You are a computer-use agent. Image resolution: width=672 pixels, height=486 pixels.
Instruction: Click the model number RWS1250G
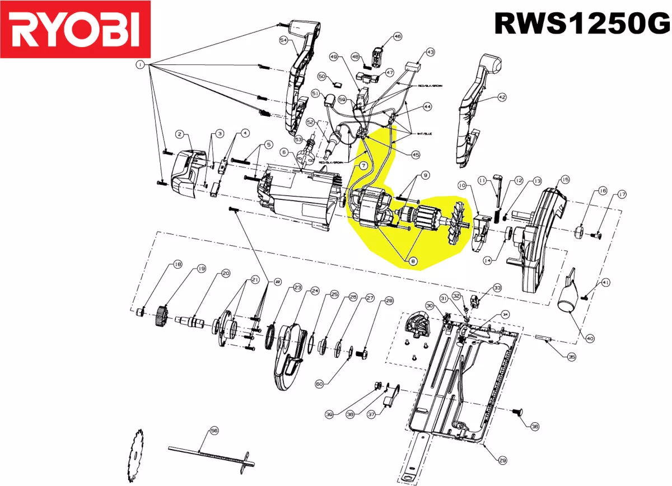pyautogui.click(x=581, y=24)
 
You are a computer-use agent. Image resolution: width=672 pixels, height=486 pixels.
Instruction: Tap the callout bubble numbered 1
pyautogui.click(x=138, y=65)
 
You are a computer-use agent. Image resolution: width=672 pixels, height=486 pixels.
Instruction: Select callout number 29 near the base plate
pyautogui.click(x=502, y=460)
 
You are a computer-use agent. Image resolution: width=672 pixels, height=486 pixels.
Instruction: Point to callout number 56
pyautogui.click(x=213, y=431)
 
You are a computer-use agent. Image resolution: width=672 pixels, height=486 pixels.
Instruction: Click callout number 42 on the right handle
pyautogui.click(x=501, y=97)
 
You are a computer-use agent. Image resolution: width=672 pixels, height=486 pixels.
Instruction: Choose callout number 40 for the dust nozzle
pyautogui.click(x=590, y=338)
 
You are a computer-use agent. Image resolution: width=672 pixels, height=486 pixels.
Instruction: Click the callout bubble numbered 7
pyautogui.click(x=362, y=166)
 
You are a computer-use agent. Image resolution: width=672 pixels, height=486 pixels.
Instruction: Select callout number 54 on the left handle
pyautogui.click(x=283, y=40)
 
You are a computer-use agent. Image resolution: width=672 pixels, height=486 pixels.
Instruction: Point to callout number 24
pyautogui.click(x=315, y=291)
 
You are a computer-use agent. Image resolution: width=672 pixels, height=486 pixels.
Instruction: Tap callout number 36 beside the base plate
pyautogui.click(x=534, y=426)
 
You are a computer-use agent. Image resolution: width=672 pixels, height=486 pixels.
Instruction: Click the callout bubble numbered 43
pyautogui.click(x=430, y=52)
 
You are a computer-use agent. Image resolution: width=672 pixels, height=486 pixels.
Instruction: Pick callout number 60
pyautogui.click(x=319, y=384)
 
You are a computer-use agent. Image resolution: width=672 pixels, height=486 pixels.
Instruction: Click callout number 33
pyautogui.click(x=497, y=287)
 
